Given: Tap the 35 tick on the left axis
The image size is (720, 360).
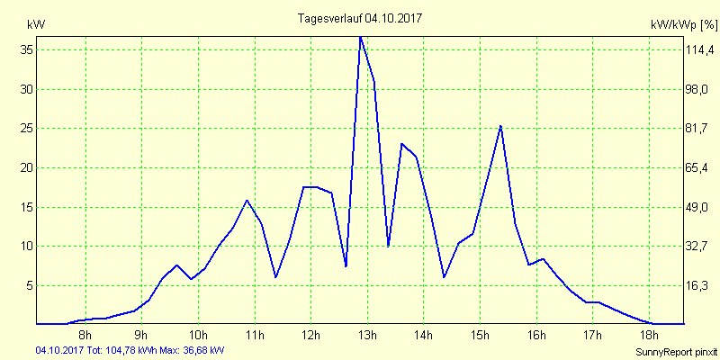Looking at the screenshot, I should [x=27, y=50].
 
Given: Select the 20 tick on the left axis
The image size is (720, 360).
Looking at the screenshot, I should [x=27, y=167].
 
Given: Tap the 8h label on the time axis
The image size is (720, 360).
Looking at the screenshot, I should [x=85, y=336].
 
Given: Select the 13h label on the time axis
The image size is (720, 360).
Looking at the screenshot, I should [x=366, y=336].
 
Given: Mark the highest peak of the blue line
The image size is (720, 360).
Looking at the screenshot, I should [x=360, y=37].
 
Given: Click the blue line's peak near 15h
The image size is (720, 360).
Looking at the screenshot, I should [x=500, y=126].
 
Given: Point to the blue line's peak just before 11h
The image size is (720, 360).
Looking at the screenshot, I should [x=247, y=200].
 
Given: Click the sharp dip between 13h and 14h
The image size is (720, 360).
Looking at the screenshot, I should [x=388, y=246].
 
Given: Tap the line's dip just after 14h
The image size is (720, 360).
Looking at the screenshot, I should [x=444, y=277].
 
